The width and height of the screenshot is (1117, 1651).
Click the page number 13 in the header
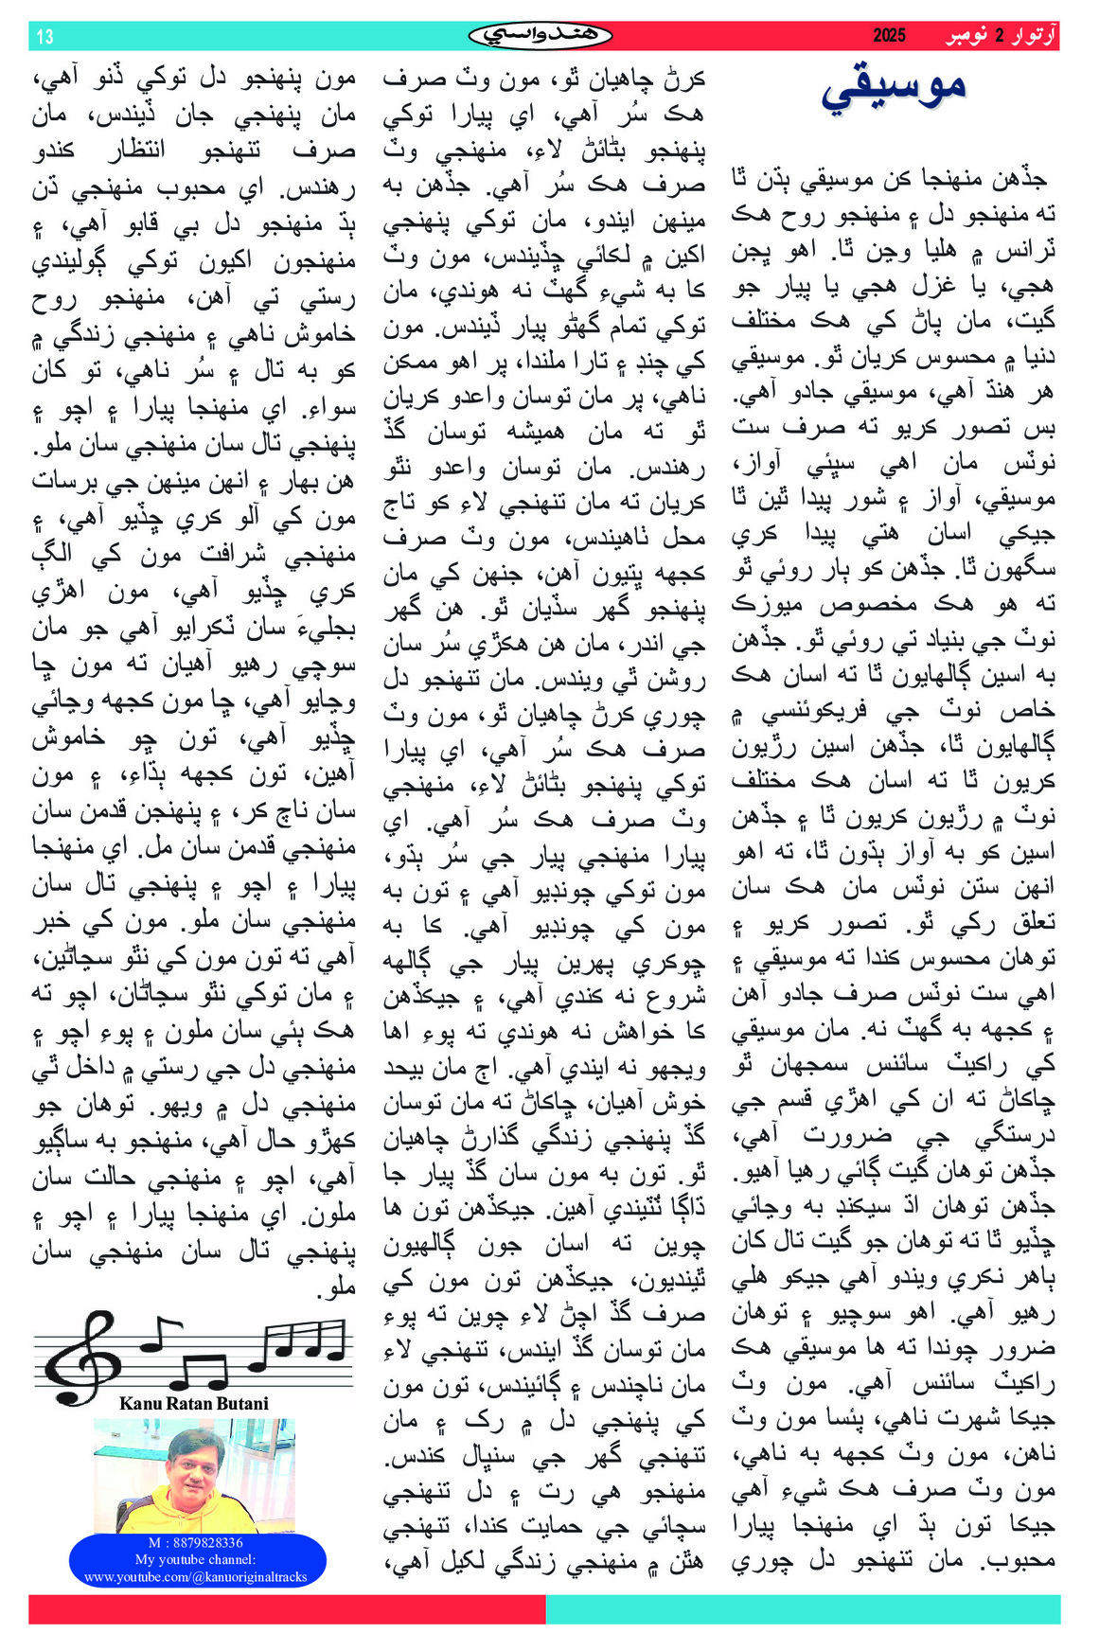coord(44,37)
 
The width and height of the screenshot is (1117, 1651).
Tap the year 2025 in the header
coord(889,36)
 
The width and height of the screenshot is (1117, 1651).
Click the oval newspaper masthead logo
coord(541,36)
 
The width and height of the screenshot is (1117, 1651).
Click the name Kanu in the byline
coord(141,1403)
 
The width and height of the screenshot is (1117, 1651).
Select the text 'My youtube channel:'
coord(195,1559)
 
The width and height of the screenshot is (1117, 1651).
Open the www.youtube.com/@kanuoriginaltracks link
coord(196,1576)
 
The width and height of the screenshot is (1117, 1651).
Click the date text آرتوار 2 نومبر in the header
coord(1001,36)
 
